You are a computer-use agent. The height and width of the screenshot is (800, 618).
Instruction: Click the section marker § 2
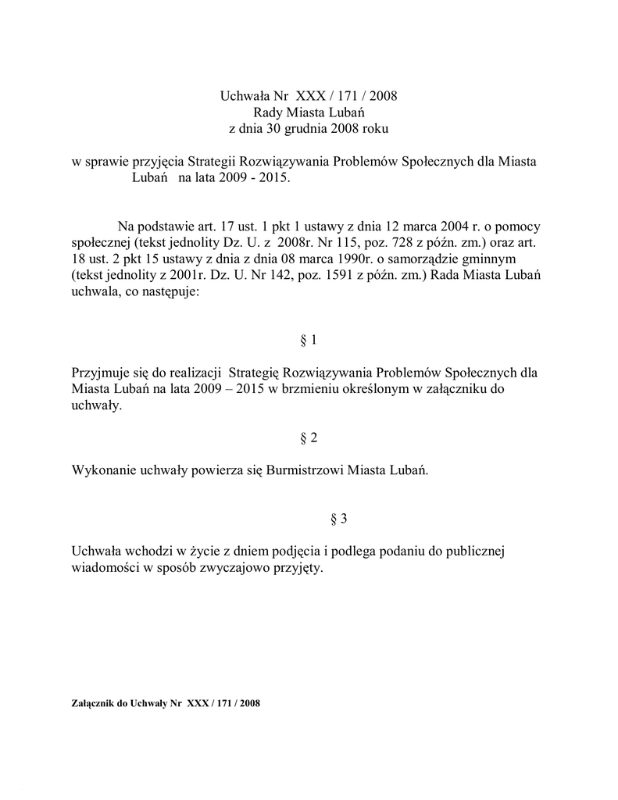pyautogui.click(x=309, y=437)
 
